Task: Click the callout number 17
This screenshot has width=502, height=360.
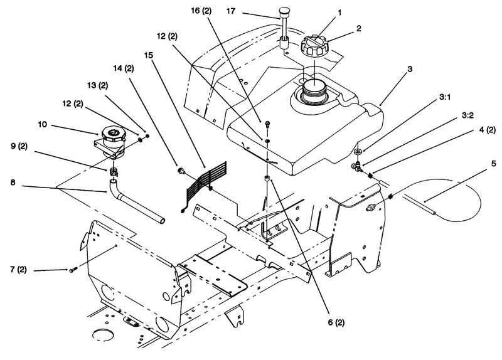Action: pyautogui.click(x=231, y=11)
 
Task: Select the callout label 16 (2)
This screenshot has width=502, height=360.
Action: pyautogui.click(x=201, y=11)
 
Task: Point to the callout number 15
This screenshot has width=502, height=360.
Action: pyautogui.click(x=149, y=55)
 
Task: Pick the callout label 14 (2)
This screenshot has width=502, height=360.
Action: pyautogui.click(x=124, y=68)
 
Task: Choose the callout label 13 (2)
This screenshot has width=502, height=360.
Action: pyautogui.click(x=98, y=86)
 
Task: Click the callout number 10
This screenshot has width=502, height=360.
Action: pyautogui.click(x=43, y=124)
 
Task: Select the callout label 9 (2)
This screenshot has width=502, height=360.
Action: pyautogui.click(x=19, y=146)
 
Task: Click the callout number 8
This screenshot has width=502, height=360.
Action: pyautogui.click(x=13, y=183)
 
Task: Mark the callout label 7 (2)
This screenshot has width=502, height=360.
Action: pyautogui.click(x=18, y=270)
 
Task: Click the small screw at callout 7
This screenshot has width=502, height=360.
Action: pyautogui.click(x=72, y=270)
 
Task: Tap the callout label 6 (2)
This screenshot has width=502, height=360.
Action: pyautogui.click(x=336, y=322)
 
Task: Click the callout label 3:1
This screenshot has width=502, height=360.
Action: pyautogui.click(x=445, y=97)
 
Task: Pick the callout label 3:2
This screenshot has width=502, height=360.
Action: pyautogui.click(x=467, y=115)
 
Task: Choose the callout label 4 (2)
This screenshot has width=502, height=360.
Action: pyautogui.click(x=488, y=130)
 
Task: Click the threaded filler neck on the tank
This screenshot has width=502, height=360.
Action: pyautogui.click(x=314, y=92)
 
